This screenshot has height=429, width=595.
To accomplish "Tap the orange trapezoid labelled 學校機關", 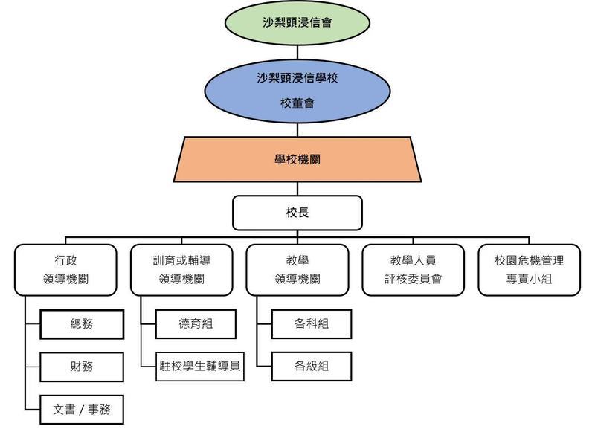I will (297, 158).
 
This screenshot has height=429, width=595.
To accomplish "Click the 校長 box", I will (297, 213).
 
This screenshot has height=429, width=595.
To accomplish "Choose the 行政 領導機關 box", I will (65, 269).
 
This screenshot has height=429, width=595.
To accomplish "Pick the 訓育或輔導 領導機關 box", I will (181, 269).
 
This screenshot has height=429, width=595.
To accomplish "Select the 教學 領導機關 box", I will (297, 269).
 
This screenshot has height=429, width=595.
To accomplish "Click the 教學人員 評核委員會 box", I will (413, 269).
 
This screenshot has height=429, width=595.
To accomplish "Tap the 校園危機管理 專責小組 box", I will (529, 269).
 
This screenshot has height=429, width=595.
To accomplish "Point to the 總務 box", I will (82, 324).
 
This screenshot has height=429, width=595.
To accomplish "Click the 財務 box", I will (82, 367).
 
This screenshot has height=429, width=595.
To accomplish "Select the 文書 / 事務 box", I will (82, 409).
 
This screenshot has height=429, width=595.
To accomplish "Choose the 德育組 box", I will (196, 324).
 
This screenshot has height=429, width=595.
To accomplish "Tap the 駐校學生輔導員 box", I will (200, 367).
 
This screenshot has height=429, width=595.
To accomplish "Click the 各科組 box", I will (312, 324).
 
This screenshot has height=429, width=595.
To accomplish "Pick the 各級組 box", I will (312, 367).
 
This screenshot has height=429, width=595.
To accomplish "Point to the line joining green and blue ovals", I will (297, 53).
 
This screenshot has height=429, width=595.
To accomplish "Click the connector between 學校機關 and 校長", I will (297, 188).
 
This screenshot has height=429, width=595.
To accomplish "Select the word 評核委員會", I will (413, 280).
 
